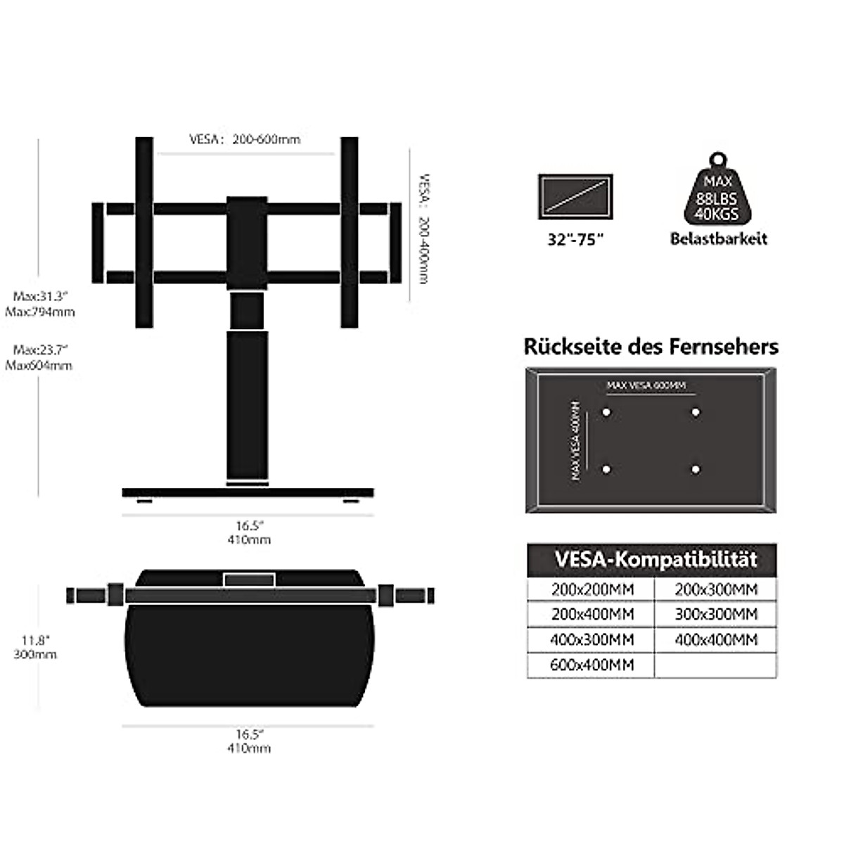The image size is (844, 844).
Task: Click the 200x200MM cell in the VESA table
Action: [x=592, y=589]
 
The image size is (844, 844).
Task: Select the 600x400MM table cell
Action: [x=592, y=665]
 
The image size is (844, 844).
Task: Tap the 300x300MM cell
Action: [x=716, y=614]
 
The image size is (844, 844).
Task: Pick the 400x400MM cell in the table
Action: [x=716, y=639]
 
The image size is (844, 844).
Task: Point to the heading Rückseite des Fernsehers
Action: [x=651, y=347]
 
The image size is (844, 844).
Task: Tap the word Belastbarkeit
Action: [x=718, y=238]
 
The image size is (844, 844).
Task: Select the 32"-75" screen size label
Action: [x=576, y=239]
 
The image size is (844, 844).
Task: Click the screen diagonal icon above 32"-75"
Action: [x=575, y=196]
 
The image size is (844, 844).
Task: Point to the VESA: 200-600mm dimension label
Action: [x=245, y=139]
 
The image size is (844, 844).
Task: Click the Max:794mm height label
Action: [x=40, y=312]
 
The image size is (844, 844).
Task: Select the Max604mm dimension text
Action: [x=39, y=365]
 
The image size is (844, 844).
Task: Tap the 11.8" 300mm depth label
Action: [x=34, y=647]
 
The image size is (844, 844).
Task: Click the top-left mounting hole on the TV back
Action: [x=606, y=412]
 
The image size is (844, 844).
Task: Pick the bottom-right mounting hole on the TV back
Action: [x=696, y=469]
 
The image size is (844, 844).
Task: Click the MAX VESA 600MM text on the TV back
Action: [x=646, y=385]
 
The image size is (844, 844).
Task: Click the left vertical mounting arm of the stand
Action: [x=144, y=232]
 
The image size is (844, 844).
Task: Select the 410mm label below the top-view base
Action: [x=248, y=748]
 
